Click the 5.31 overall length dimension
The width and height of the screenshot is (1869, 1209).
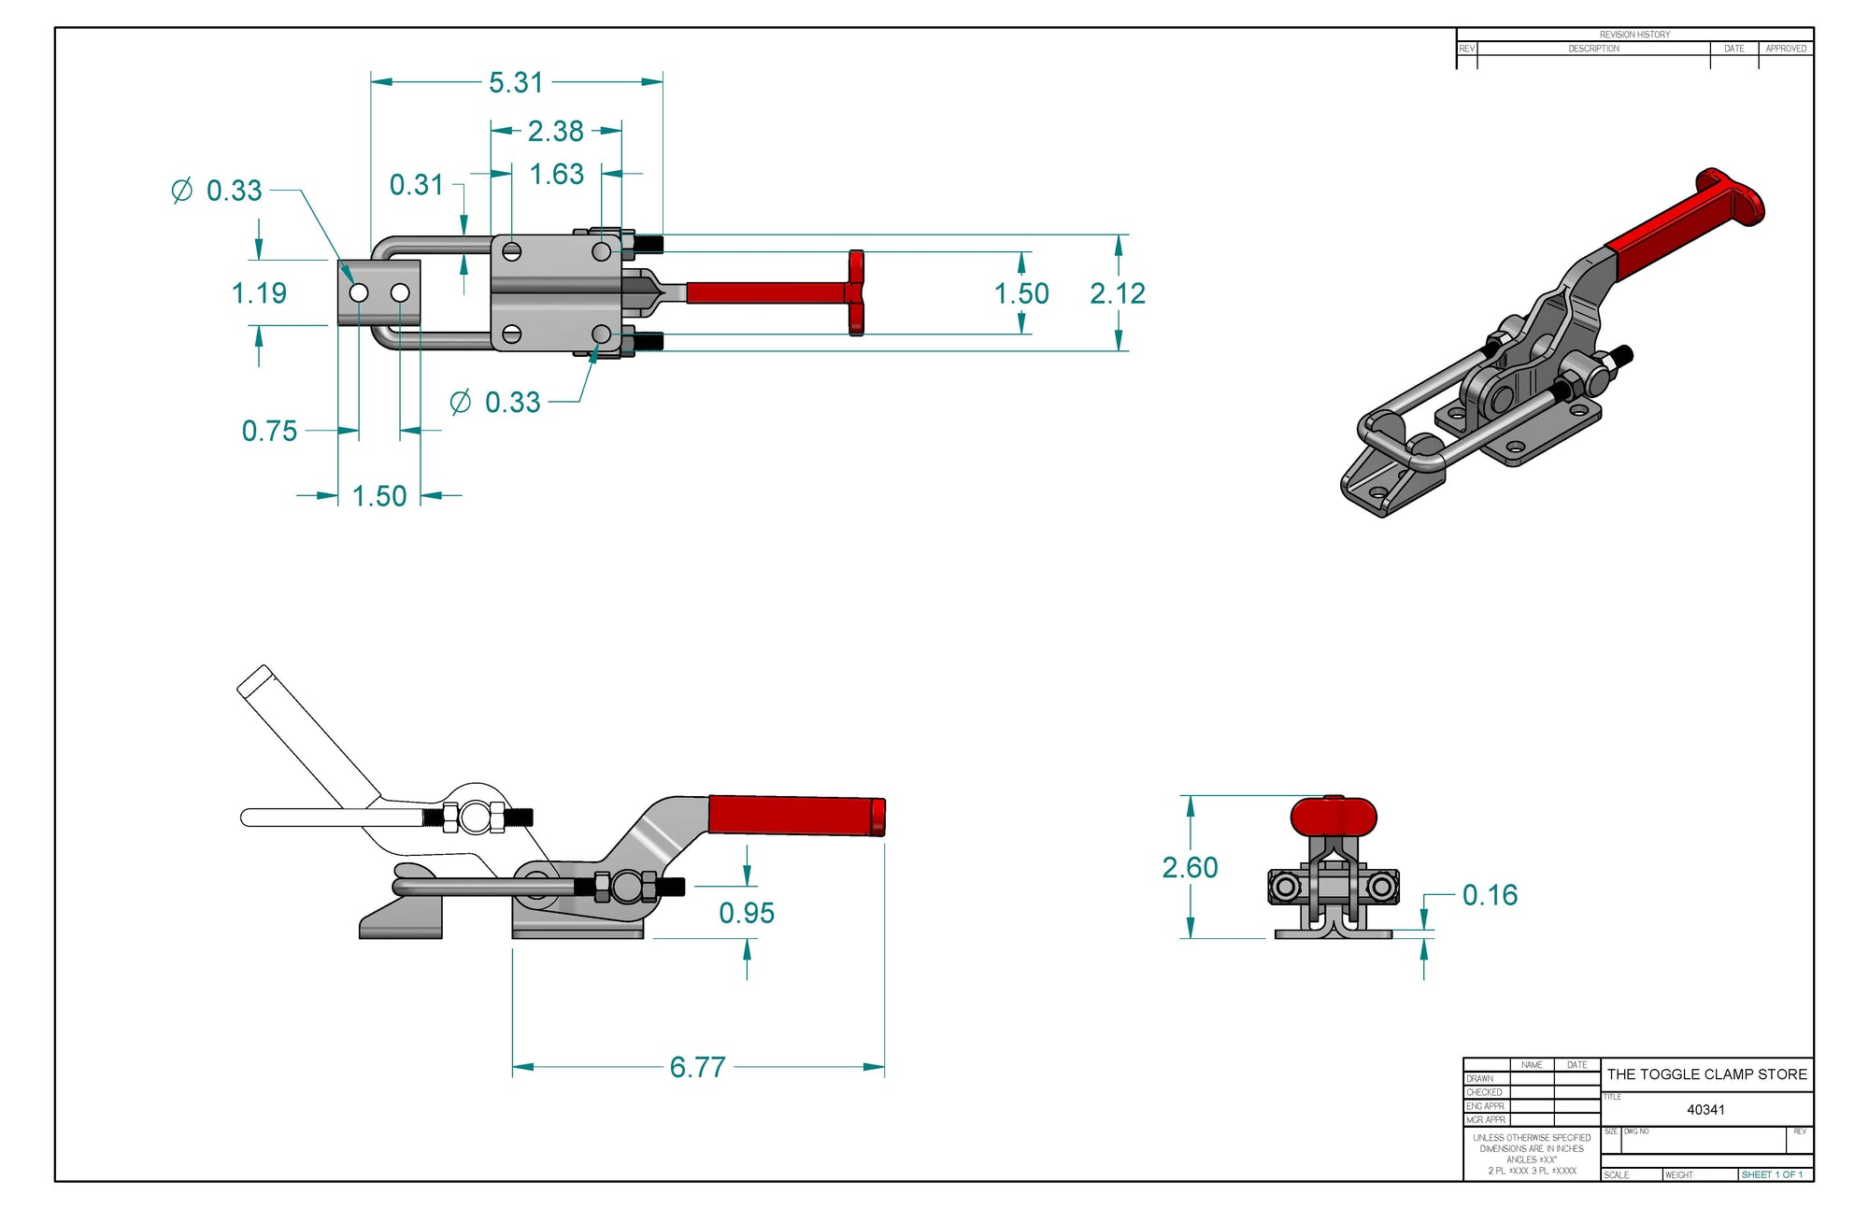point(516,82)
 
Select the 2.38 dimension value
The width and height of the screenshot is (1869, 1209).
point(555,131)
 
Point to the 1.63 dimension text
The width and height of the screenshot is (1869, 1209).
point(556,175)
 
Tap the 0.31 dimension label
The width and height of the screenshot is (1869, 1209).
point(416,185)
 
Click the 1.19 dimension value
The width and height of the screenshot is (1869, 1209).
point(259,293)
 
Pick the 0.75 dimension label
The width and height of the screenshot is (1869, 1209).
point(269,431)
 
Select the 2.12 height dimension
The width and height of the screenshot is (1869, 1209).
point(1117,293)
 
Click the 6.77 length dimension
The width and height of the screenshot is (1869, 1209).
point(697,1067)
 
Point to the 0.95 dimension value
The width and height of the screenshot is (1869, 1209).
point(746,913)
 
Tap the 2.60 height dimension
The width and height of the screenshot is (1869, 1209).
point(1189,868)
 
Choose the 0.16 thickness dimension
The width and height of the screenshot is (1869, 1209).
point(1490,895)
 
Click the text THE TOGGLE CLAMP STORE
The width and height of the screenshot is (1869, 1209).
point(1706,1074)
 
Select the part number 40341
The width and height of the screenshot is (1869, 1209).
point(1705,1110)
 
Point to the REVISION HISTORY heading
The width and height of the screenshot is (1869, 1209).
point(1634,35)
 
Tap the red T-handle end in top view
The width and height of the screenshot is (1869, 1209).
point(856,292)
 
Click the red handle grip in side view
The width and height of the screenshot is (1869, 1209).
point(794,815)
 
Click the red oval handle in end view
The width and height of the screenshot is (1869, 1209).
point(1333,816)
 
